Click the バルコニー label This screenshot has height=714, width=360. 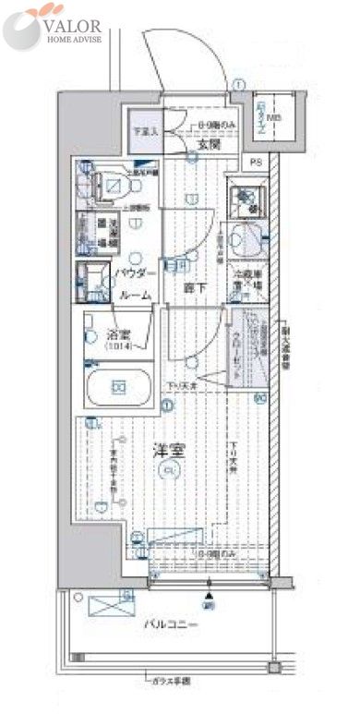click(x=171, y=624)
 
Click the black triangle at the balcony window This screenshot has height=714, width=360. click(x=210, y=582)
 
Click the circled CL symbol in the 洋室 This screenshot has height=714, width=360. click(x=166, y=473)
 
